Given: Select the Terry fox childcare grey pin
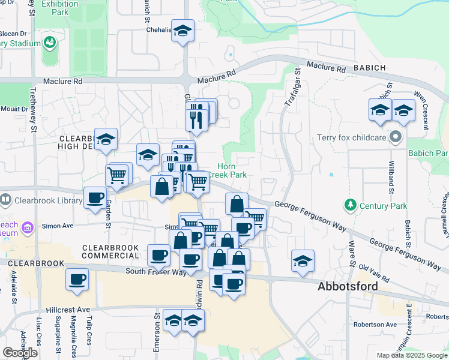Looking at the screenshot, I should click(x=395, y=138).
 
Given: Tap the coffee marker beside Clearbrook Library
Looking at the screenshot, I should click(x=95, y=198).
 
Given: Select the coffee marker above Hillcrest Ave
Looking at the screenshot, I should click(x=77, y=280).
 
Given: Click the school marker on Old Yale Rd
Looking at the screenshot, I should click(x=303, y=261).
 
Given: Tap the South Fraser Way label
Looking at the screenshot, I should click(x=155, y=272).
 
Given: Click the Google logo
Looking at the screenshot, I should click(x=20, y=353).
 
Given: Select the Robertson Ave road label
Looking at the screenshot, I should click(x=375, y=325).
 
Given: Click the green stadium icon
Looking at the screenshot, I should click(x=49, y=44).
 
